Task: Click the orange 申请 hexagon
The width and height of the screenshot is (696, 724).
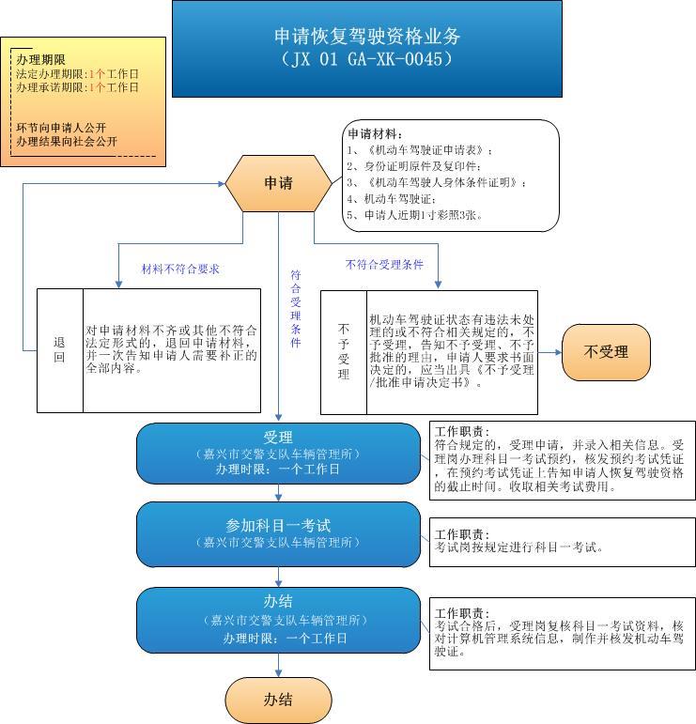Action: click(278, 183)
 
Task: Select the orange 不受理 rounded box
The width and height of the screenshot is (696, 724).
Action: click(606, 352)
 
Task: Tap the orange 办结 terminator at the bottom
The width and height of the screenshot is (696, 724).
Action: click(278, 700)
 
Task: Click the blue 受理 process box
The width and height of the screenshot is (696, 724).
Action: click(278, 454)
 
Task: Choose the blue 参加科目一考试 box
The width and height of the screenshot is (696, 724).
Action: click(278, 534)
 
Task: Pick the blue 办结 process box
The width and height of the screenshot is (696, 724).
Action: click(278, 620)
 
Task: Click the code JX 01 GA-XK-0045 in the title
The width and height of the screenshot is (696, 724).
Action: click(367, 59)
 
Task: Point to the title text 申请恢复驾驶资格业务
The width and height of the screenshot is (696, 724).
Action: click(367, 36)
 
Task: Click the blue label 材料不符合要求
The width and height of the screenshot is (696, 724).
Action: click(180, 270)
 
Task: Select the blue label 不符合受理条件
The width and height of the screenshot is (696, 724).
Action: click(384, 265)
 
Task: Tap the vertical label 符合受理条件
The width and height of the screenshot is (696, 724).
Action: click(296, 308)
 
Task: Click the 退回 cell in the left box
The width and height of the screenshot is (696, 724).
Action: click(59, 350)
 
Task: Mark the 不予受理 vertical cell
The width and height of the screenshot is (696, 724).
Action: click(344, 352)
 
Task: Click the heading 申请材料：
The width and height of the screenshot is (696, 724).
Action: click(375, 134)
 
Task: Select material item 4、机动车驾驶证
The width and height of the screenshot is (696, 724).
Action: click(391, 199)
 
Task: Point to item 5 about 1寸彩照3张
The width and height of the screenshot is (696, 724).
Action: click(415, 215)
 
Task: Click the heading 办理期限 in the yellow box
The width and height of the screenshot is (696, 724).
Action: click(40, 59)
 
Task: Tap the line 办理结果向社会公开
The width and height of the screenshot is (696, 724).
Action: click(67, 141)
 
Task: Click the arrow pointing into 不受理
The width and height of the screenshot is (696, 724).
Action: click(549, 352)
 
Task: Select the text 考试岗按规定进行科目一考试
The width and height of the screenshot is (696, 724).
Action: click(518, 547)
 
